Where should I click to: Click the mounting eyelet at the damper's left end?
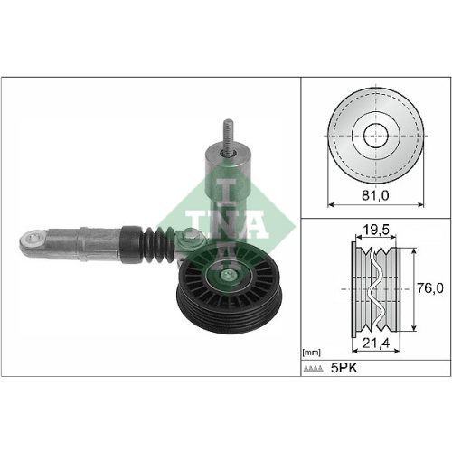coord(33,240)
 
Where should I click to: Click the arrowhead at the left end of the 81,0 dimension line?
coord(330,206)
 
